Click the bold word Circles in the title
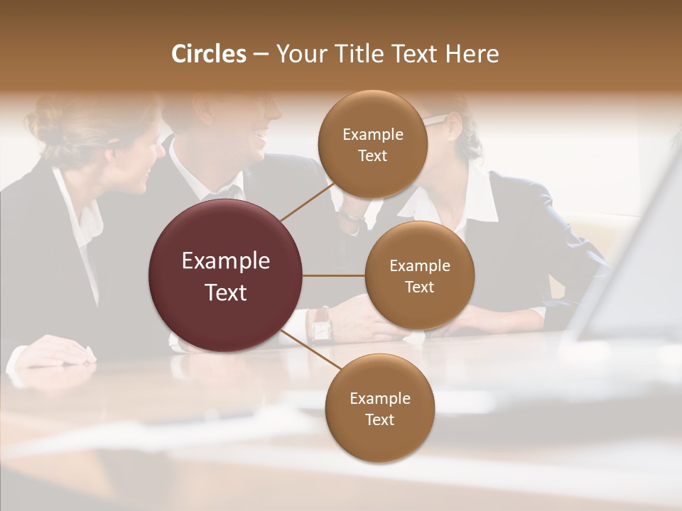[208, 54]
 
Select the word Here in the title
[472, 54]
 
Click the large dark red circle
[226, 275]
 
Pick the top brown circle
[372, 144]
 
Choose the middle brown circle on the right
[419, 275]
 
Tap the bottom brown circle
[379, 408]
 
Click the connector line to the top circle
[307, 202]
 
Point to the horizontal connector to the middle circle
[334, 275]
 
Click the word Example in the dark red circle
[226, 261]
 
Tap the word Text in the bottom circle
[379, 419]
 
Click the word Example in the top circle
[372, 134]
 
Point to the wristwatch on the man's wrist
[320, 325]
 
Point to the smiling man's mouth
[261, 135]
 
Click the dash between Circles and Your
[261, 55]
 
